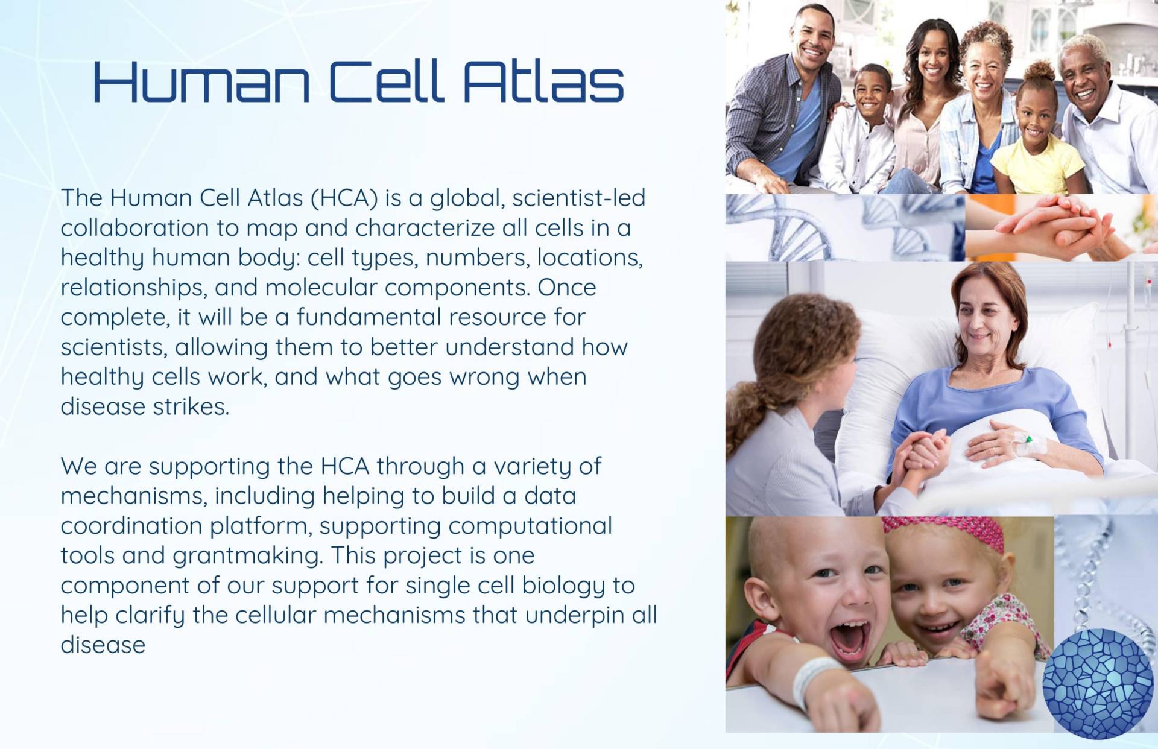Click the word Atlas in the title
tap(543, 81)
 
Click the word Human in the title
tap(201, 81)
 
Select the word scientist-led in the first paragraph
tap(578, 197)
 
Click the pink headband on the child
tap(944, 531)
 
